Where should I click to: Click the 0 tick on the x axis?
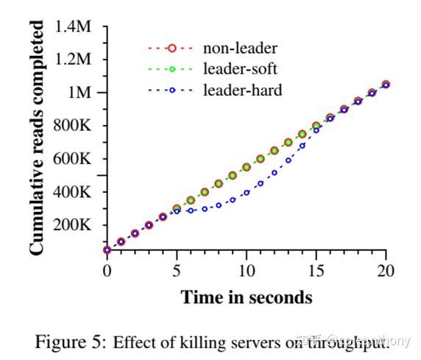(107, 270)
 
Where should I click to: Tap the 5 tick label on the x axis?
(177, 270)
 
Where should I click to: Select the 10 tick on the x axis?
(247, 270)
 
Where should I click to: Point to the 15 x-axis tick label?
(316, 270)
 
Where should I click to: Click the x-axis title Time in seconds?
(247, 297)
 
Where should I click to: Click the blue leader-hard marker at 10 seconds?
(247, 193)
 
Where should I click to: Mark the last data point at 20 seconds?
(386, 85)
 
